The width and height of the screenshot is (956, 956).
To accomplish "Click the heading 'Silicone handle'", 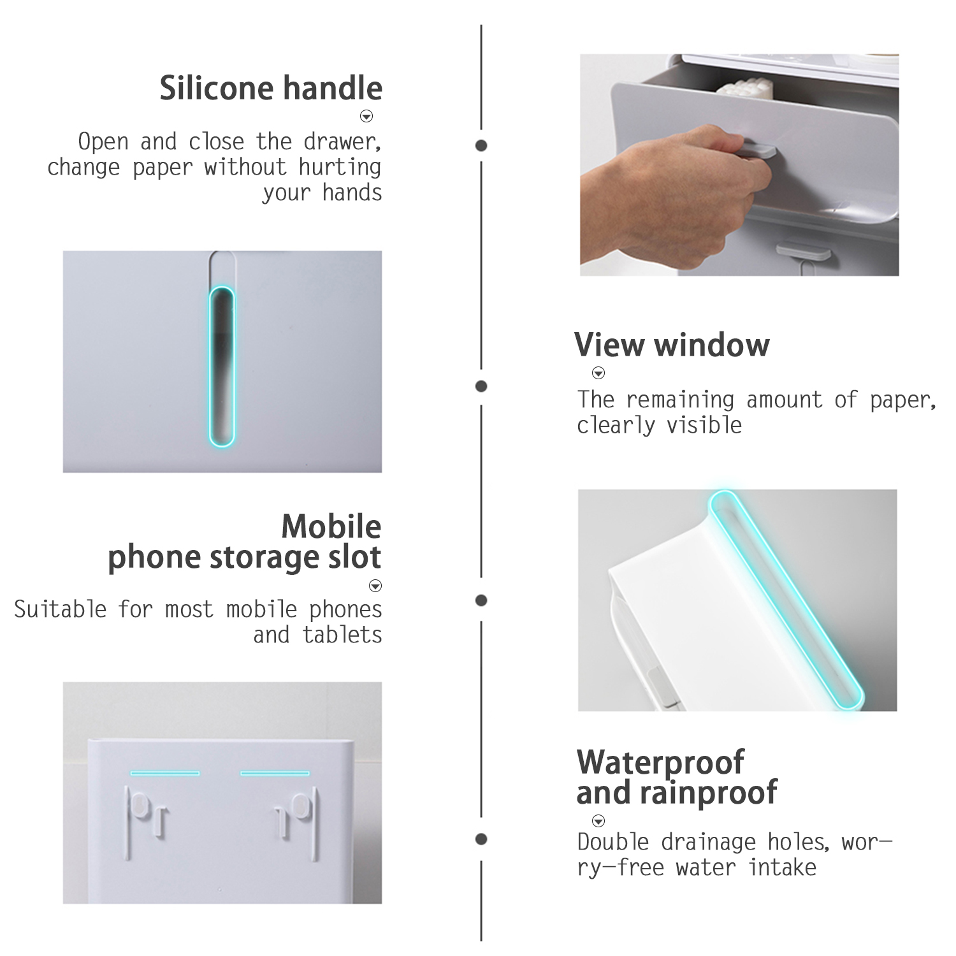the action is (x=271, y=88).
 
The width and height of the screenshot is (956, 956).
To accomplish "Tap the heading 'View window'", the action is (x=672, y=345).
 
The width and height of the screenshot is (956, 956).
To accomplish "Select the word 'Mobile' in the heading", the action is (x=331, y=526).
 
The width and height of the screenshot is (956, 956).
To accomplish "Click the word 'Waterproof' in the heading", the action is (x=660, y=762).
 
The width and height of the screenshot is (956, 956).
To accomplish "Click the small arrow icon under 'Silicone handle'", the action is (x=366, y=116).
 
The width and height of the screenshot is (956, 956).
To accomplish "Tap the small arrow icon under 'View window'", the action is (x=598, y=373).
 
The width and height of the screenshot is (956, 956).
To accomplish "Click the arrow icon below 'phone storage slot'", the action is (x=375, y=586).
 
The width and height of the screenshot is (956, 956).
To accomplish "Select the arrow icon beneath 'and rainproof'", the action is (x=598, y=821).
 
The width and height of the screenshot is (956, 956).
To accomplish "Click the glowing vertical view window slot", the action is (x=222, y=366).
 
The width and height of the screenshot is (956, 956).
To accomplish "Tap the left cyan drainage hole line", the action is (x=165, y=773).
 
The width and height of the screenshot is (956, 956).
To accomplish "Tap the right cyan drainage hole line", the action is (x=275, y=773).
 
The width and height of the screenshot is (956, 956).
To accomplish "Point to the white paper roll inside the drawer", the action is (x=739, y=92).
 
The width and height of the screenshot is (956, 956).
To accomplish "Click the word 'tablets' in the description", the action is (x=343, y=635).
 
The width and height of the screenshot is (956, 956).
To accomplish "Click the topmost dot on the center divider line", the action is (x=481, y=145).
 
